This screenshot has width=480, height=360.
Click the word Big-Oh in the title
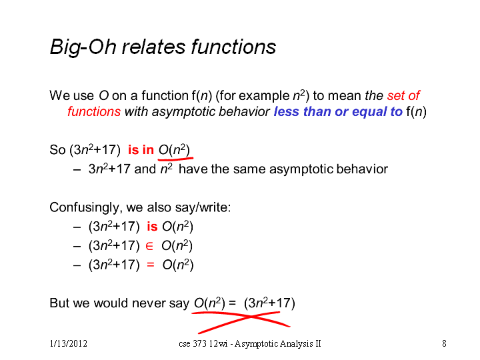(83, 47)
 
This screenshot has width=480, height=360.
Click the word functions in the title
(233, 47)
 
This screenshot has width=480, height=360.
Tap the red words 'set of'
(403, 95)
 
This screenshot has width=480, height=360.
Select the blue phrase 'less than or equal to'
(338, 111)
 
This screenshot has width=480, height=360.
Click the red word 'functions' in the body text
(94, 111)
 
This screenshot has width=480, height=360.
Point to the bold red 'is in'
(141, 150)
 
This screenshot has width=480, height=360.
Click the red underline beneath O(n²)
(175, 159)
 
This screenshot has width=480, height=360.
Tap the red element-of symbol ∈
(149, 246)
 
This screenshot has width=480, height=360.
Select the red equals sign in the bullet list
(151, 265)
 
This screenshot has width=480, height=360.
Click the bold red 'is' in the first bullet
(152, 227)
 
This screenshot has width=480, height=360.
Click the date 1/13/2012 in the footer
(69, 343)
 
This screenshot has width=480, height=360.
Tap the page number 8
(444, 343)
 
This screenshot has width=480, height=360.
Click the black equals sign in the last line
(233, 303)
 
